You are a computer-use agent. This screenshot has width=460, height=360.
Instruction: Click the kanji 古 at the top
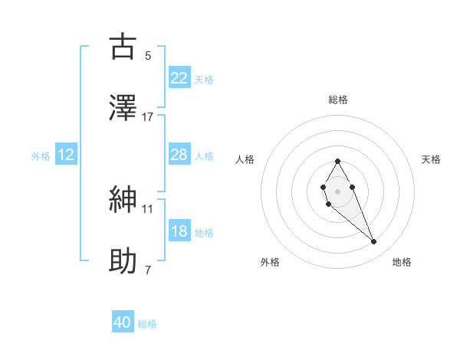(x=123, y=47)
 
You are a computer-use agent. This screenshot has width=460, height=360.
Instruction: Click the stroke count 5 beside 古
(x=148, y=55)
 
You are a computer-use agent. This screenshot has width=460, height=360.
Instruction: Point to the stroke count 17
(x=148, y=116)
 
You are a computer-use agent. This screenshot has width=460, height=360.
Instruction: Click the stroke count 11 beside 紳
(x=148, y=208)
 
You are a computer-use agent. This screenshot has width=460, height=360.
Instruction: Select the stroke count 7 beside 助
(x=148, y=270)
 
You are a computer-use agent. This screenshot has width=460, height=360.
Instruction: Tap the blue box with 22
(x=179, y=78)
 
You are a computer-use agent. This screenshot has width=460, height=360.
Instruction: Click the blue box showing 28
(x=179, y=155)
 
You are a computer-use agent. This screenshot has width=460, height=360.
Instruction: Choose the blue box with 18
(x=179, y=231)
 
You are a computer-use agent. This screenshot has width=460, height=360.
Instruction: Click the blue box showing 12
(x=66, y=155)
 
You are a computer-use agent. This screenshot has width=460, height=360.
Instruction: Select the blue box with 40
(x=123, y=323)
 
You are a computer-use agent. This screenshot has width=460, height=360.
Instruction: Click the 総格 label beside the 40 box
(x=147, y=324)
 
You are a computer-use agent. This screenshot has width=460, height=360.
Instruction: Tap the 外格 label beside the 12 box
(x=41, y=155)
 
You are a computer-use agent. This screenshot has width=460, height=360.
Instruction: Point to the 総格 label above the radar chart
(x=338, y=100)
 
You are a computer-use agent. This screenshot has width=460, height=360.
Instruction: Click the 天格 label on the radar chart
(x=431, y=159)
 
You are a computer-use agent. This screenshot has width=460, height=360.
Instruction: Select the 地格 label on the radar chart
(x=402, y=262)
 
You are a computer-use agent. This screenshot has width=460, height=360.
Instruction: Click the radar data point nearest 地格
(x=374, y=242)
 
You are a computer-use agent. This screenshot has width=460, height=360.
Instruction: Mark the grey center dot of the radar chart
(x=337, y=190)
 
